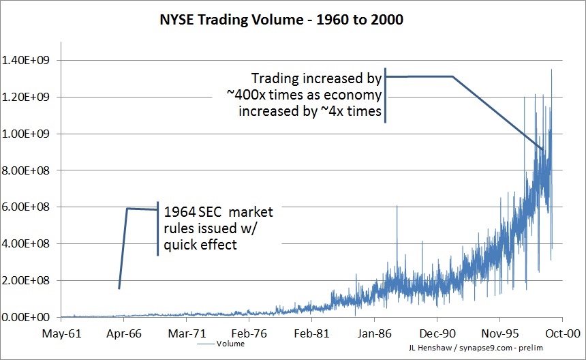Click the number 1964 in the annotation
[x=176, y=213]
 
